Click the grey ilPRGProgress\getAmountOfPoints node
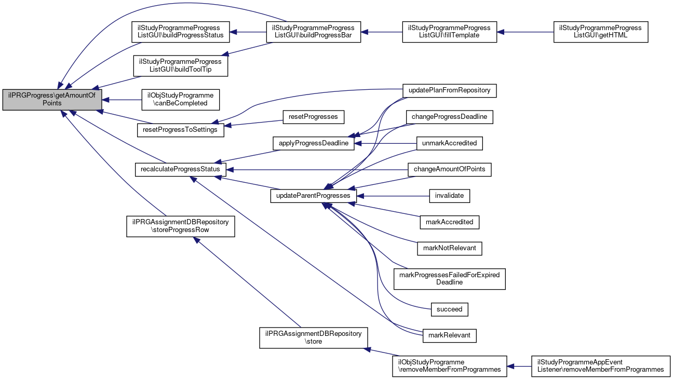tap(52, 99)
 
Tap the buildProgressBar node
tap(311, 32)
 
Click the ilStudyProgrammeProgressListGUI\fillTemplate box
tap(450, 32)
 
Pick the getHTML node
tap(600, 32)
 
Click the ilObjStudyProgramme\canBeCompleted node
tap(181, 99)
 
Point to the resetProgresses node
tap(314, 117)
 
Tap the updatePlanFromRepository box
tap(450, 90)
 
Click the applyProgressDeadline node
tap(313, 143)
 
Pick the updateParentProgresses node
tap(313, 196)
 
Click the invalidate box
tap(450, 196)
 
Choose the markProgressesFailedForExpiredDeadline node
tap(450, 279)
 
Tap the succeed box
tap(450, 309)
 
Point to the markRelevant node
tap(450, 335)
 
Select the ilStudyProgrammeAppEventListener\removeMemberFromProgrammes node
tap(600, 366)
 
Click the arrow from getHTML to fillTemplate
tap(524, 32)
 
